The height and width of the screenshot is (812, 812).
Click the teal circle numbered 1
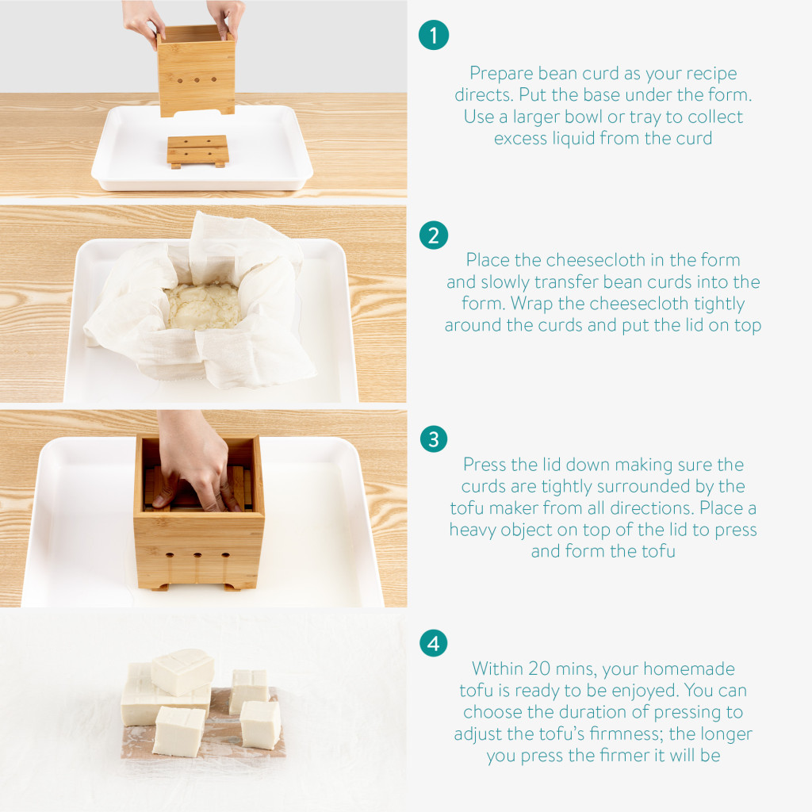coord(434,35)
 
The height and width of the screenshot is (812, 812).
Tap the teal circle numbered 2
coord(434,235)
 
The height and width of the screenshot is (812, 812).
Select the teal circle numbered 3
coord(434,439)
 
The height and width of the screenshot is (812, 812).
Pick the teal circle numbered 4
coord(434,643)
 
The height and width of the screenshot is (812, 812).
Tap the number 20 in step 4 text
coord(539,668)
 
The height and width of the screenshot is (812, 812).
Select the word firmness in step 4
coord(618,733)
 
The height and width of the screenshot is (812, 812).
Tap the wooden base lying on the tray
coord(197,151)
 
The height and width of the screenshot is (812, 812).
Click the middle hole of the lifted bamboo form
coord(197,80)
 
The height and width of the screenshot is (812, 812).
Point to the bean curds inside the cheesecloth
coord(204,305)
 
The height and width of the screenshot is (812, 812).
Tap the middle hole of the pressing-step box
coord(197,556)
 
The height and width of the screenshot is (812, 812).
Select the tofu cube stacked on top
coord(183,672)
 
